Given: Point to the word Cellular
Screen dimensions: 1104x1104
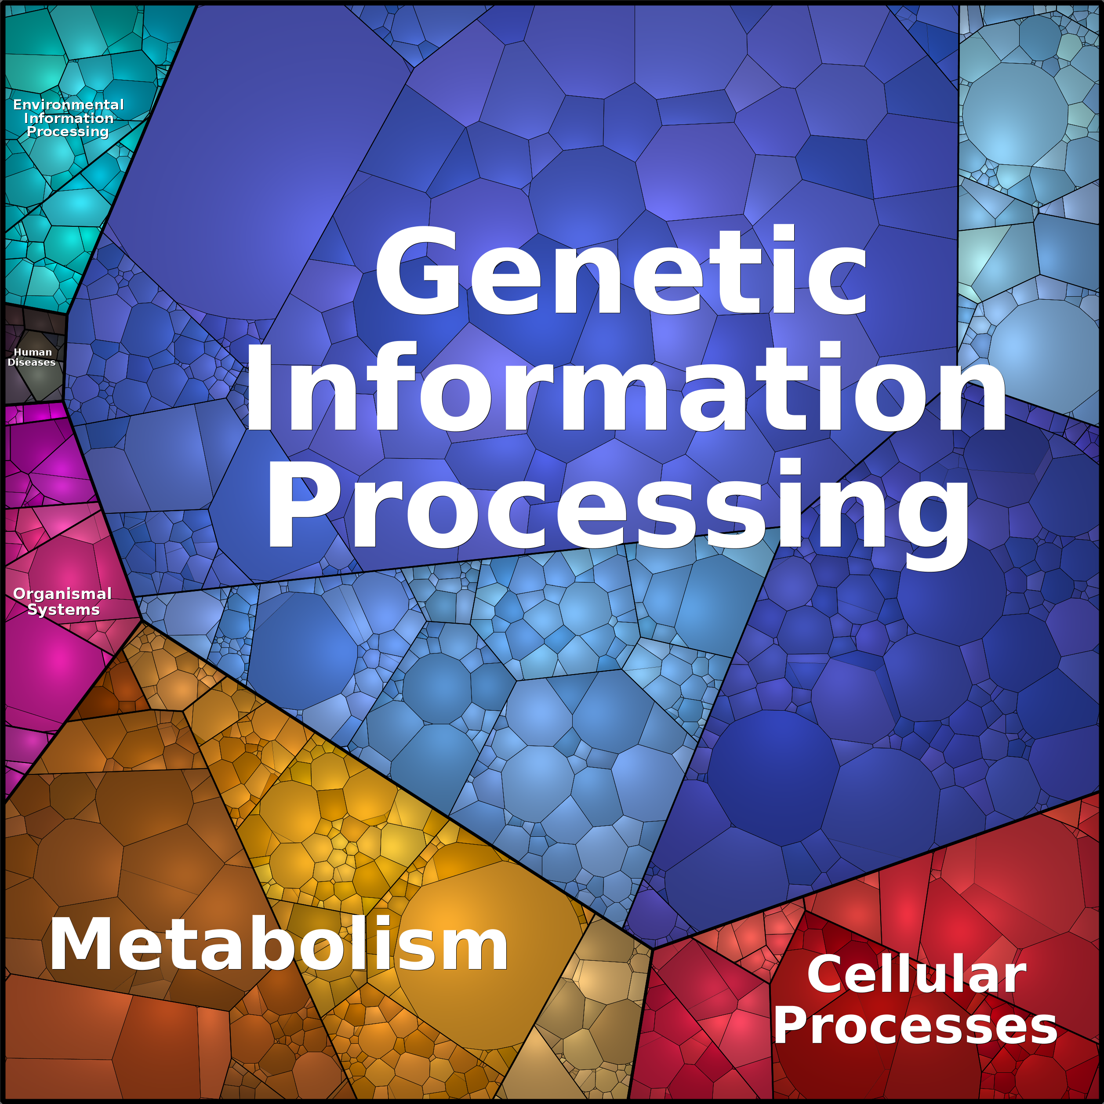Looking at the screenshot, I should [x=917, y=975].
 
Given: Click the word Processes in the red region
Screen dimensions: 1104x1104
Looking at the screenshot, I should [x=915, y=1026].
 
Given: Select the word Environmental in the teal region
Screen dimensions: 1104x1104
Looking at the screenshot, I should [x=68, y=105].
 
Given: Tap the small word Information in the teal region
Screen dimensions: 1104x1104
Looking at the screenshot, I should [x=69, y=118].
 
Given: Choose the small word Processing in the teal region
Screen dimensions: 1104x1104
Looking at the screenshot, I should [x=67, y=131].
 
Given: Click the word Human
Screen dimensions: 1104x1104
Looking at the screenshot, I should [x=33, y=352].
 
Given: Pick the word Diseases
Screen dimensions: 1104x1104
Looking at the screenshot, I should [x=32, y=362].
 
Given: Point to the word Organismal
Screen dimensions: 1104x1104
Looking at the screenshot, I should [x=62, y=594].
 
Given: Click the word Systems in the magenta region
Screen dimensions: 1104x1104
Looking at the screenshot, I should [x=63, y=609].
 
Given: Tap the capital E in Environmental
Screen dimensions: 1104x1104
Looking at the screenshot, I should [x=17, y=105].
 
